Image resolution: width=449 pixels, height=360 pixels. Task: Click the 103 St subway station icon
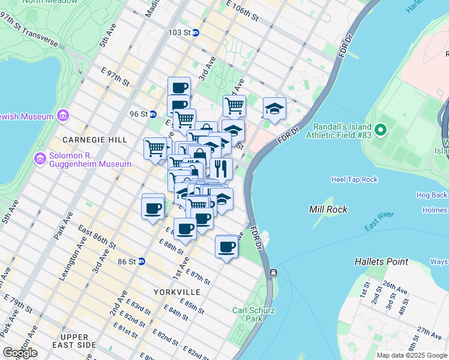[x=196, y=32]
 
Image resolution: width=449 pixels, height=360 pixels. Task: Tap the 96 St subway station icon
[x=153, y=114]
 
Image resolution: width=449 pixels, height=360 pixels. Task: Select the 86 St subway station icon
[x=142, y=261]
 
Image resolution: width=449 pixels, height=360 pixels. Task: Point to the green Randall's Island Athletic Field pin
[x=379, y=130]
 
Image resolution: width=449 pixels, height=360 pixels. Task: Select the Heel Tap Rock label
[x=355, y=179]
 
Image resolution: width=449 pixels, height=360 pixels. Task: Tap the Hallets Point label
[x=381, y=262]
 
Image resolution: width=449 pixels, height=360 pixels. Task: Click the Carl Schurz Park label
[x=248, y=315]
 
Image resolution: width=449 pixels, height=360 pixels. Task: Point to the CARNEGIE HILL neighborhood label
[x=97, y=139]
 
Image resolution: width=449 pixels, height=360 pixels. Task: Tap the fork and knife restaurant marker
[x=221, y=169]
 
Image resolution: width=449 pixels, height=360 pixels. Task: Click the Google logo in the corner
[x=20, y=353]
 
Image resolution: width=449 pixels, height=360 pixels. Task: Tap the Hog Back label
[x=431, y=195]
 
